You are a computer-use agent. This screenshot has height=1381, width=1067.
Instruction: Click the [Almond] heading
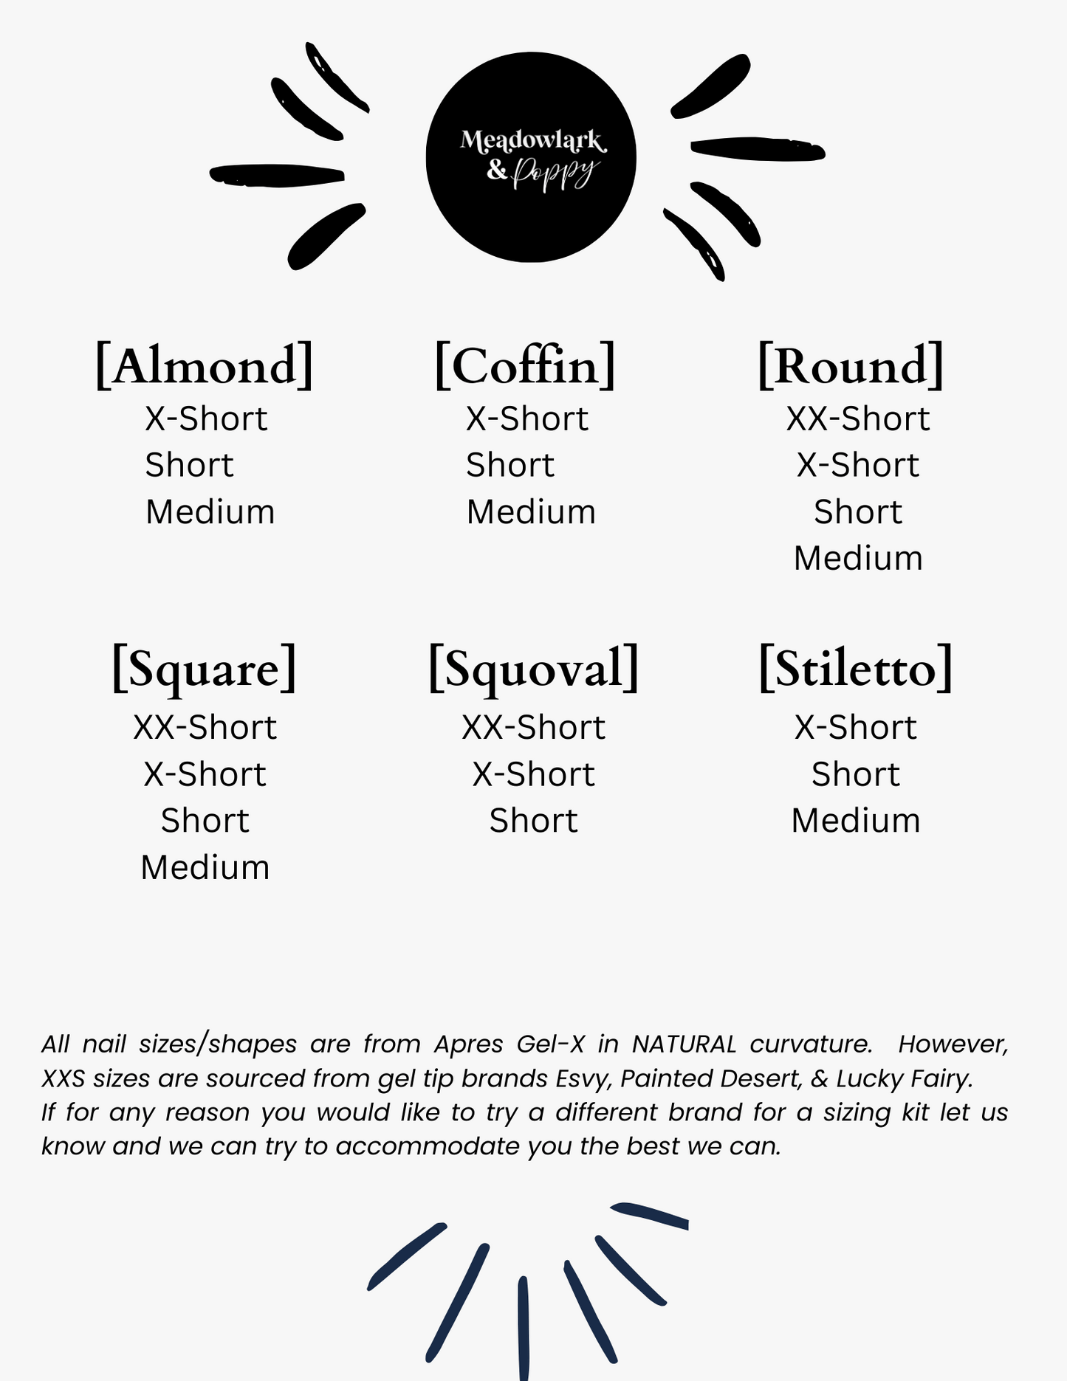(x=205, y=365)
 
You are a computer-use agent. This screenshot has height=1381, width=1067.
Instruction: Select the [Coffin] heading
(x=525, y=365)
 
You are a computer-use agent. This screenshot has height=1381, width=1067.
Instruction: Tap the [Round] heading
(x=851, y=365)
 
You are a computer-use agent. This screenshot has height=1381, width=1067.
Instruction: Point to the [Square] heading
(x=205, y=669)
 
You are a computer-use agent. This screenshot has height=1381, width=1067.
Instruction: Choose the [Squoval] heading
(x=533, y=669)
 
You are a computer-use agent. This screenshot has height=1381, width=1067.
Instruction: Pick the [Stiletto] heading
(x=856, y=669)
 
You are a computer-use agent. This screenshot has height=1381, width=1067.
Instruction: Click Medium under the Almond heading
(x=210, y=512)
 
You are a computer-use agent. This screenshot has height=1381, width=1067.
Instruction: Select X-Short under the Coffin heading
(x=526, y=419)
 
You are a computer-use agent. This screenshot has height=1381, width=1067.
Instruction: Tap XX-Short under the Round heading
(x=857, y=419)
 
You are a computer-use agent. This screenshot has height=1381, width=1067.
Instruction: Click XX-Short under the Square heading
(x=205, y=727)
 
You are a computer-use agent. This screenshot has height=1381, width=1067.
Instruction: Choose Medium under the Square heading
(x=205, y=867)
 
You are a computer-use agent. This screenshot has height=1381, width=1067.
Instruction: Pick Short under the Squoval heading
(x=533, y=821)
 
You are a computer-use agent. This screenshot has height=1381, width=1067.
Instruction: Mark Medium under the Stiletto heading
(x=856, y=821)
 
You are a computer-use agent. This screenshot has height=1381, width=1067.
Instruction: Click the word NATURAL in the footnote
(x=684, y=1044)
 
